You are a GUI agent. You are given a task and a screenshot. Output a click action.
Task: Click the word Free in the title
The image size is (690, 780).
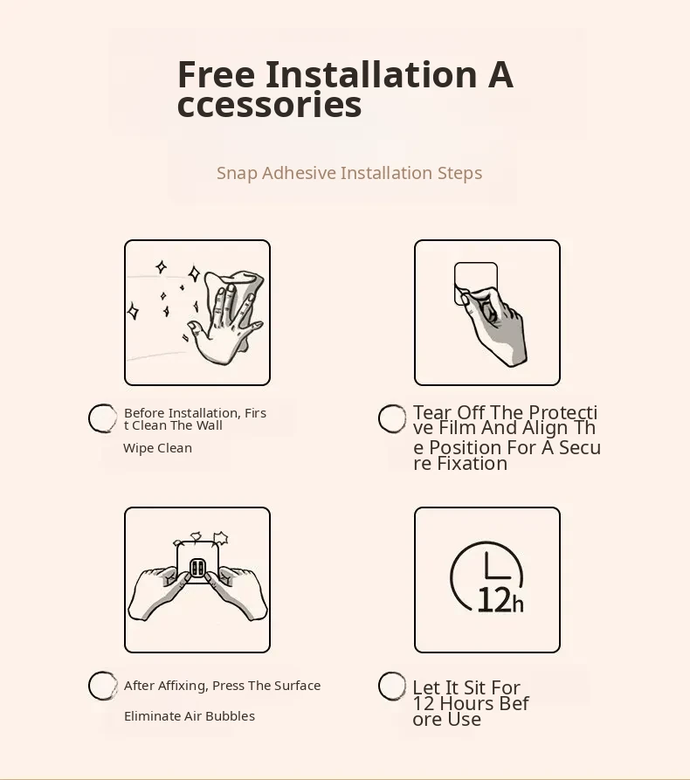[x=216, y=74]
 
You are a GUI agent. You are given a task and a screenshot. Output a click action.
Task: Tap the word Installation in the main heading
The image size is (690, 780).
[x=371, y=74]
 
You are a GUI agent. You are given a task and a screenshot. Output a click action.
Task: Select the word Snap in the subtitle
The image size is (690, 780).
[x=237, y=174]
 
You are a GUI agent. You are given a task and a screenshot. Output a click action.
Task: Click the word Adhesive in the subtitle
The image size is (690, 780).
[x=299, y=173]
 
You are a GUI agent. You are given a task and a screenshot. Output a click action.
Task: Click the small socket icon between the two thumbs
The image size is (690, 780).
[x=197, y=568]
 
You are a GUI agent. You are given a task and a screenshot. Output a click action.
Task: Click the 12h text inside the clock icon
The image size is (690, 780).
[x=500, y=600]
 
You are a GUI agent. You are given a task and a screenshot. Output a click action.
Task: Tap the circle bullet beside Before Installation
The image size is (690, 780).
[x=102, y=418]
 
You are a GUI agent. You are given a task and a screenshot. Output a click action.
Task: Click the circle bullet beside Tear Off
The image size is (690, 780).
[x=392, y=418]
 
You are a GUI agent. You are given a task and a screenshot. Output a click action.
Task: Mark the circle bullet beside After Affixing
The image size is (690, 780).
[x=102, y=686]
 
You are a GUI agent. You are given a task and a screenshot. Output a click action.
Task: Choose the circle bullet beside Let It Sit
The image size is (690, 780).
[x=392, y=687]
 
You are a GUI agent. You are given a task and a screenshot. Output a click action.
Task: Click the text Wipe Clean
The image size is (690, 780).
[x=158, y=448]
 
